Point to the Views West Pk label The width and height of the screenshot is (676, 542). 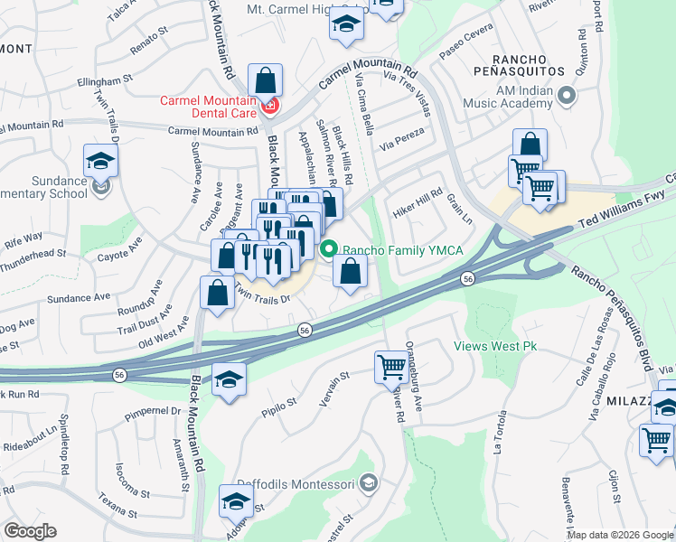(x=494, y=346)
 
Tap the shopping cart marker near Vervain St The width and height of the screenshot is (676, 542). (x=391, y=367)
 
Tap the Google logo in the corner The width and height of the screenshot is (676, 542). (x=30, y=531)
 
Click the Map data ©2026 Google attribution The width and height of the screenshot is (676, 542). (x=620, y=535)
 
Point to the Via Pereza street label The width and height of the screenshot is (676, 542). (x=401, y=143)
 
